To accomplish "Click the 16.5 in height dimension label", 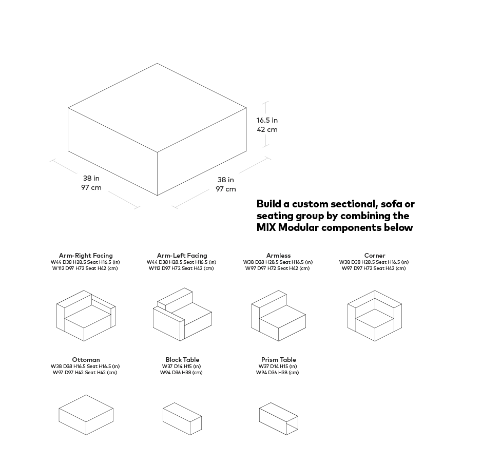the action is point(267,120).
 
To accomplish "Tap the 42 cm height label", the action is point(267,129).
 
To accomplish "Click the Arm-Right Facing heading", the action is point(86,255).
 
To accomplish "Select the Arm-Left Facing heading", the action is point(182,255).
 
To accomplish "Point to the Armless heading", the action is point(279,255).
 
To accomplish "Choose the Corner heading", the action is point(375,255).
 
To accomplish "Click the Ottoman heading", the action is point(86,359).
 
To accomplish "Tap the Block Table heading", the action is point(182,359).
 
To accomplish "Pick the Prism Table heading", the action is point(279,359).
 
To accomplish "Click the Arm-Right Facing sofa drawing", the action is point(86,316).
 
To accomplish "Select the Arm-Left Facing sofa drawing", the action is point(182,314).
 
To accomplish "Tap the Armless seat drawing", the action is point(279,316).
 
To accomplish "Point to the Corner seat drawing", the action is point(375,316).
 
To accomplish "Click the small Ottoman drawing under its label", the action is point(86,415).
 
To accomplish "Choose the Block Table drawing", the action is point(182,419).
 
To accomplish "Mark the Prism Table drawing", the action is point(279,419).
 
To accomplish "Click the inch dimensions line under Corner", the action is point(374,262).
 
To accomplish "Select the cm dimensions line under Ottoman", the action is point(85,373).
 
